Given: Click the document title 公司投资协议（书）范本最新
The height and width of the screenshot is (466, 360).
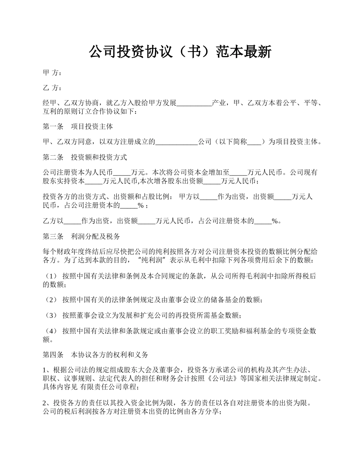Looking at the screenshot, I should (x=180, y=52).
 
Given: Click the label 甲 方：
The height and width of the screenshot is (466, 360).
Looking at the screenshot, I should (x=52, y=72).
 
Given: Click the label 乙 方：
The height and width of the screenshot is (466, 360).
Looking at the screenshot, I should (x=52, y=88).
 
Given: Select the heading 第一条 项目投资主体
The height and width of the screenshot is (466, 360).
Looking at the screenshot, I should (x=78, y=126).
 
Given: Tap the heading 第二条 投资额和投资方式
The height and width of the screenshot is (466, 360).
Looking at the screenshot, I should (x=85, y=157).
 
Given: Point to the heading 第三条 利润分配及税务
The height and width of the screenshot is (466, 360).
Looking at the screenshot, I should (x=81, y=236).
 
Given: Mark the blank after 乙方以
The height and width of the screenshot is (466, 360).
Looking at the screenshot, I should (x=72, y=221).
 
